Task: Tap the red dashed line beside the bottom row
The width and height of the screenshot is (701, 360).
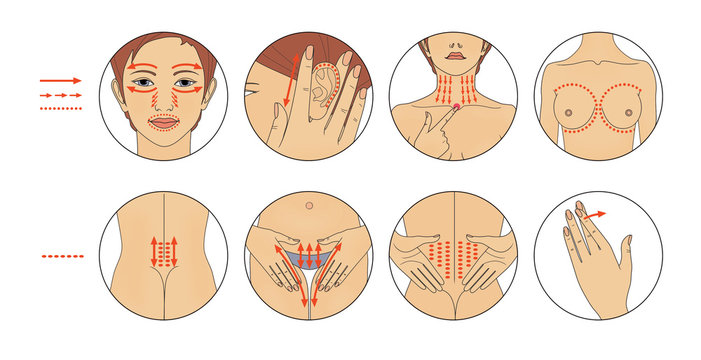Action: coord(63,256)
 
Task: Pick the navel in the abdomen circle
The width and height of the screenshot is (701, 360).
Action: coord(309,205)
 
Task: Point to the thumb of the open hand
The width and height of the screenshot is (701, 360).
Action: coord(624,250)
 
